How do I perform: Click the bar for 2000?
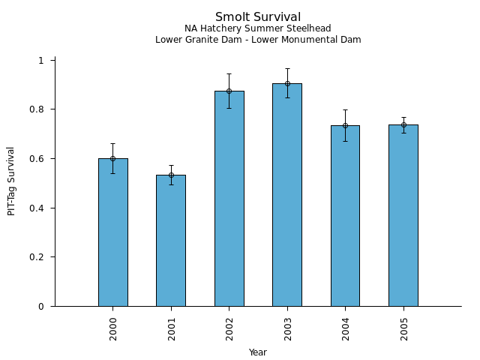click(112, 232)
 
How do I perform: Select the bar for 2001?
click(171, 240)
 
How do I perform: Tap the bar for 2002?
click(229, 199)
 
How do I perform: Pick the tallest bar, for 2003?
click(287, 195)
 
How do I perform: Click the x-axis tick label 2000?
click(113, 328)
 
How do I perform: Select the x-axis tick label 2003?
click(288, 328)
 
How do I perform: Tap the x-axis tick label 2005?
click(404, 328)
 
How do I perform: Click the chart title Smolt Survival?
click(258, 17)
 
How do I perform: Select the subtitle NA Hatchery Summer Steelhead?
click(258, 29)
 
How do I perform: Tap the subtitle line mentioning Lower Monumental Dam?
click(258, 40)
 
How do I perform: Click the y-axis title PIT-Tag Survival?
click(11, 181)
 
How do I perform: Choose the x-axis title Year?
click(258, 352)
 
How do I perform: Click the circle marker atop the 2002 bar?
click(229, 91)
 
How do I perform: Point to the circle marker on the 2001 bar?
click(171, 175)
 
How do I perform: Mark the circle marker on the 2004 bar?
click(345, 125)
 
